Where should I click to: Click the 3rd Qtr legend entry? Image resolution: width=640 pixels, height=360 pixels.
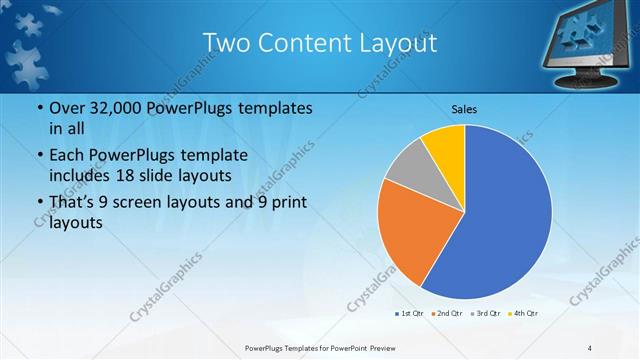[x=485, y=314]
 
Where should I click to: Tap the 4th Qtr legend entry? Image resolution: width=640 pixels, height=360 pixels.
[x=523, y=314]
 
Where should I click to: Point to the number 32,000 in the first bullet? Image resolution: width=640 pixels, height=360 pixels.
[x=109, y=107]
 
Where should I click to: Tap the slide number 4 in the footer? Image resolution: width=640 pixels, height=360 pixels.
[x=591, y=347]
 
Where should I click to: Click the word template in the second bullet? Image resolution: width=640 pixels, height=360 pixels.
[x=214, y=155]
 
